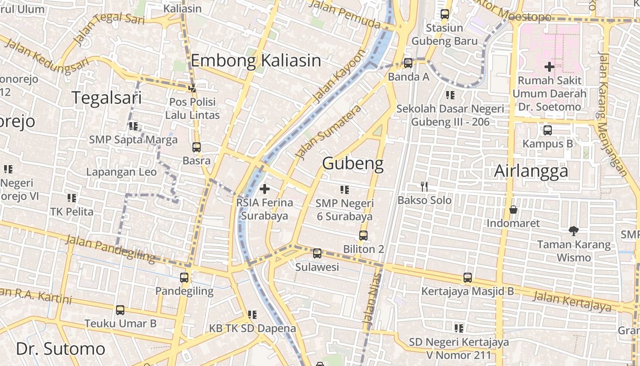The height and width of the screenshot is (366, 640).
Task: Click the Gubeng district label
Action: pyautogui.click(x=353, y=163)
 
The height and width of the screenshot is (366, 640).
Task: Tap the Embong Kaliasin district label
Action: pyautogui.click(x=256, y=60)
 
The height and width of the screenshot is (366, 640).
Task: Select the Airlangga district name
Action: pyautogui.click(x=531, y=171)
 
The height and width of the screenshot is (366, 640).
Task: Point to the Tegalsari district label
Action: pyautogui.click(x=107, y=98)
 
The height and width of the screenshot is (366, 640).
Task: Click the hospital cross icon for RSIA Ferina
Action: pyautogui.click(x=264, y=188)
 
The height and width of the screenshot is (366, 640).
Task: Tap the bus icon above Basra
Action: pyautogui.click(x=197, y=147)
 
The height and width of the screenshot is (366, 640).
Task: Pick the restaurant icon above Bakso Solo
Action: pyautogui.click(x=424, y=187)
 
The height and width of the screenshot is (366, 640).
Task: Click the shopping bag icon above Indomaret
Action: pyautogui.click(x=513, y=210)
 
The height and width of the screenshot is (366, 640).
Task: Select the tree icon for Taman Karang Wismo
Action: pyautogui.click(x=573, y=231)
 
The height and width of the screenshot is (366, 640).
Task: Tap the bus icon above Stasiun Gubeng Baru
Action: pyautogui.click(x=445, y=14)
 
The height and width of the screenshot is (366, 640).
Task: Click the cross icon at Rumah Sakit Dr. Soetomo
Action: pyautogui.click(x=549, y=67)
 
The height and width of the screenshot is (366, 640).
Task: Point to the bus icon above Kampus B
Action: pyautogui.click(x=548, y=130)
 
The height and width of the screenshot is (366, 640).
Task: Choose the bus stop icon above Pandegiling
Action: pyautogui.click(x=184, y=278)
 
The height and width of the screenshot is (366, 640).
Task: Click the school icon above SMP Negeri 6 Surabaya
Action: pyautogui.click(x=345, y=189)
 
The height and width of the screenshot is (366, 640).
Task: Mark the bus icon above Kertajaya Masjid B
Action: pyautogui.click(x=467, y=278)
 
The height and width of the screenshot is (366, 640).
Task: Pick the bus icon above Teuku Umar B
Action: pyautogui.click(x=120, y=310)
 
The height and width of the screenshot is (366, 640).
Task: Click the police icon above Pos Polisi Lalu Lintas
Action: pyautogui.click(x=192, y=88)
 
